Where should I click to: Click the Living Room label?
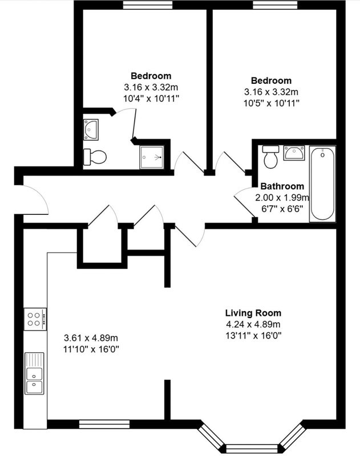(x=253, y=313)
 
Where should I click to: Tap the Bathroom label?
(x=282, y=186)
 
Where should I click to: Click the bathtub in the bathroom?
(x=322, y=184)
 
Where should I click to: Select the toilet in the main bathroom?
(x=270, y=157)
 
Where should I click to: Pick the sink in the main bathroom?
(x=294, y=153)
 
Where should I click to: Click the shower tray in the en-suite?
(x=152, y=157)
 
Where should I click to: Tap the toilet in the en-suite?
(x=95, y=157)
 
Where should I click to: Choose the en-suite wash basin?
(x=91, y=130)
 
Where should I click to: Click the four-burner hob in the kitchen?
(x=35, y=319)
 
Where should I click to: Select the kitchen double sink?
(x=34, y=373)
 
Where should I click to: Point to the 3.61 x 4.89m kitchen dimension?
(x=91, y=338)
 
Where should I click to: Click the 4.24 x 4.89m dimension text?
(x=253, y=324)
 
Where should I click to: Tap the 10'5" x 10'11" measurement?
(x=271, y=103)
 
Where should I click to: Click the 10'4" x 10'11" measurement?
(x=151, y=99)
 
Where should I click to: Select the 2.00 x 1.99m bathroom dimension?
(x=282, y=198)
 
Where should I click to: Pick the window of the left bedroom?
(x=148, y=5)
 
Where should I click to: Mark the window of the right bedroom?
(x=275, y=5)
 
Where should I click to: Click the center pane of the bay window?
(x=252, y=448)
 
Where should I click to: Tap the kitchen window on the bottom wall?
(x=104, y=424)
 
